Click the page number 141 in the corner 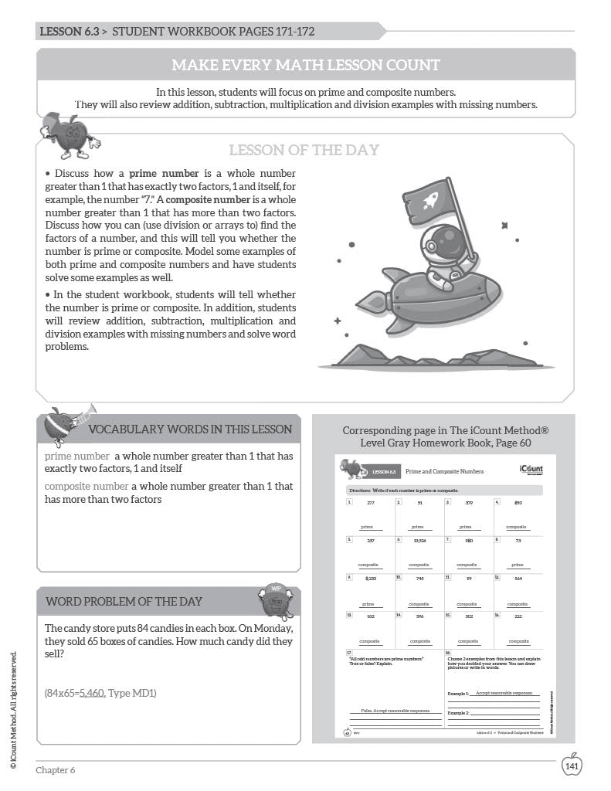(572, 766)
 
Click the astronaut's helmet (441, 249)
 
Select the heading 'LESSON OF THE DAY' (304, 150)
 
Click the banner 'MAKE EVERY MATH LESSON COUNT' (305, 64)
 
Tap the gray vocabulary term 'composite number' (87, 486)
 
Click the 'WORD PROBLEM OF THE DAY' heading (124, 601)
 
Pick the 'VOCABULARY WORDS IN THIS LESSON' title (190, 429)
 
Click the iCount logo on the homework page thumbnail (531, 470)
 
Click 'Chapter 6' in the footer (56, 769)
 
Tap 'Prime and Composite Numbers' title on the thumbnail (444, 470)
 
